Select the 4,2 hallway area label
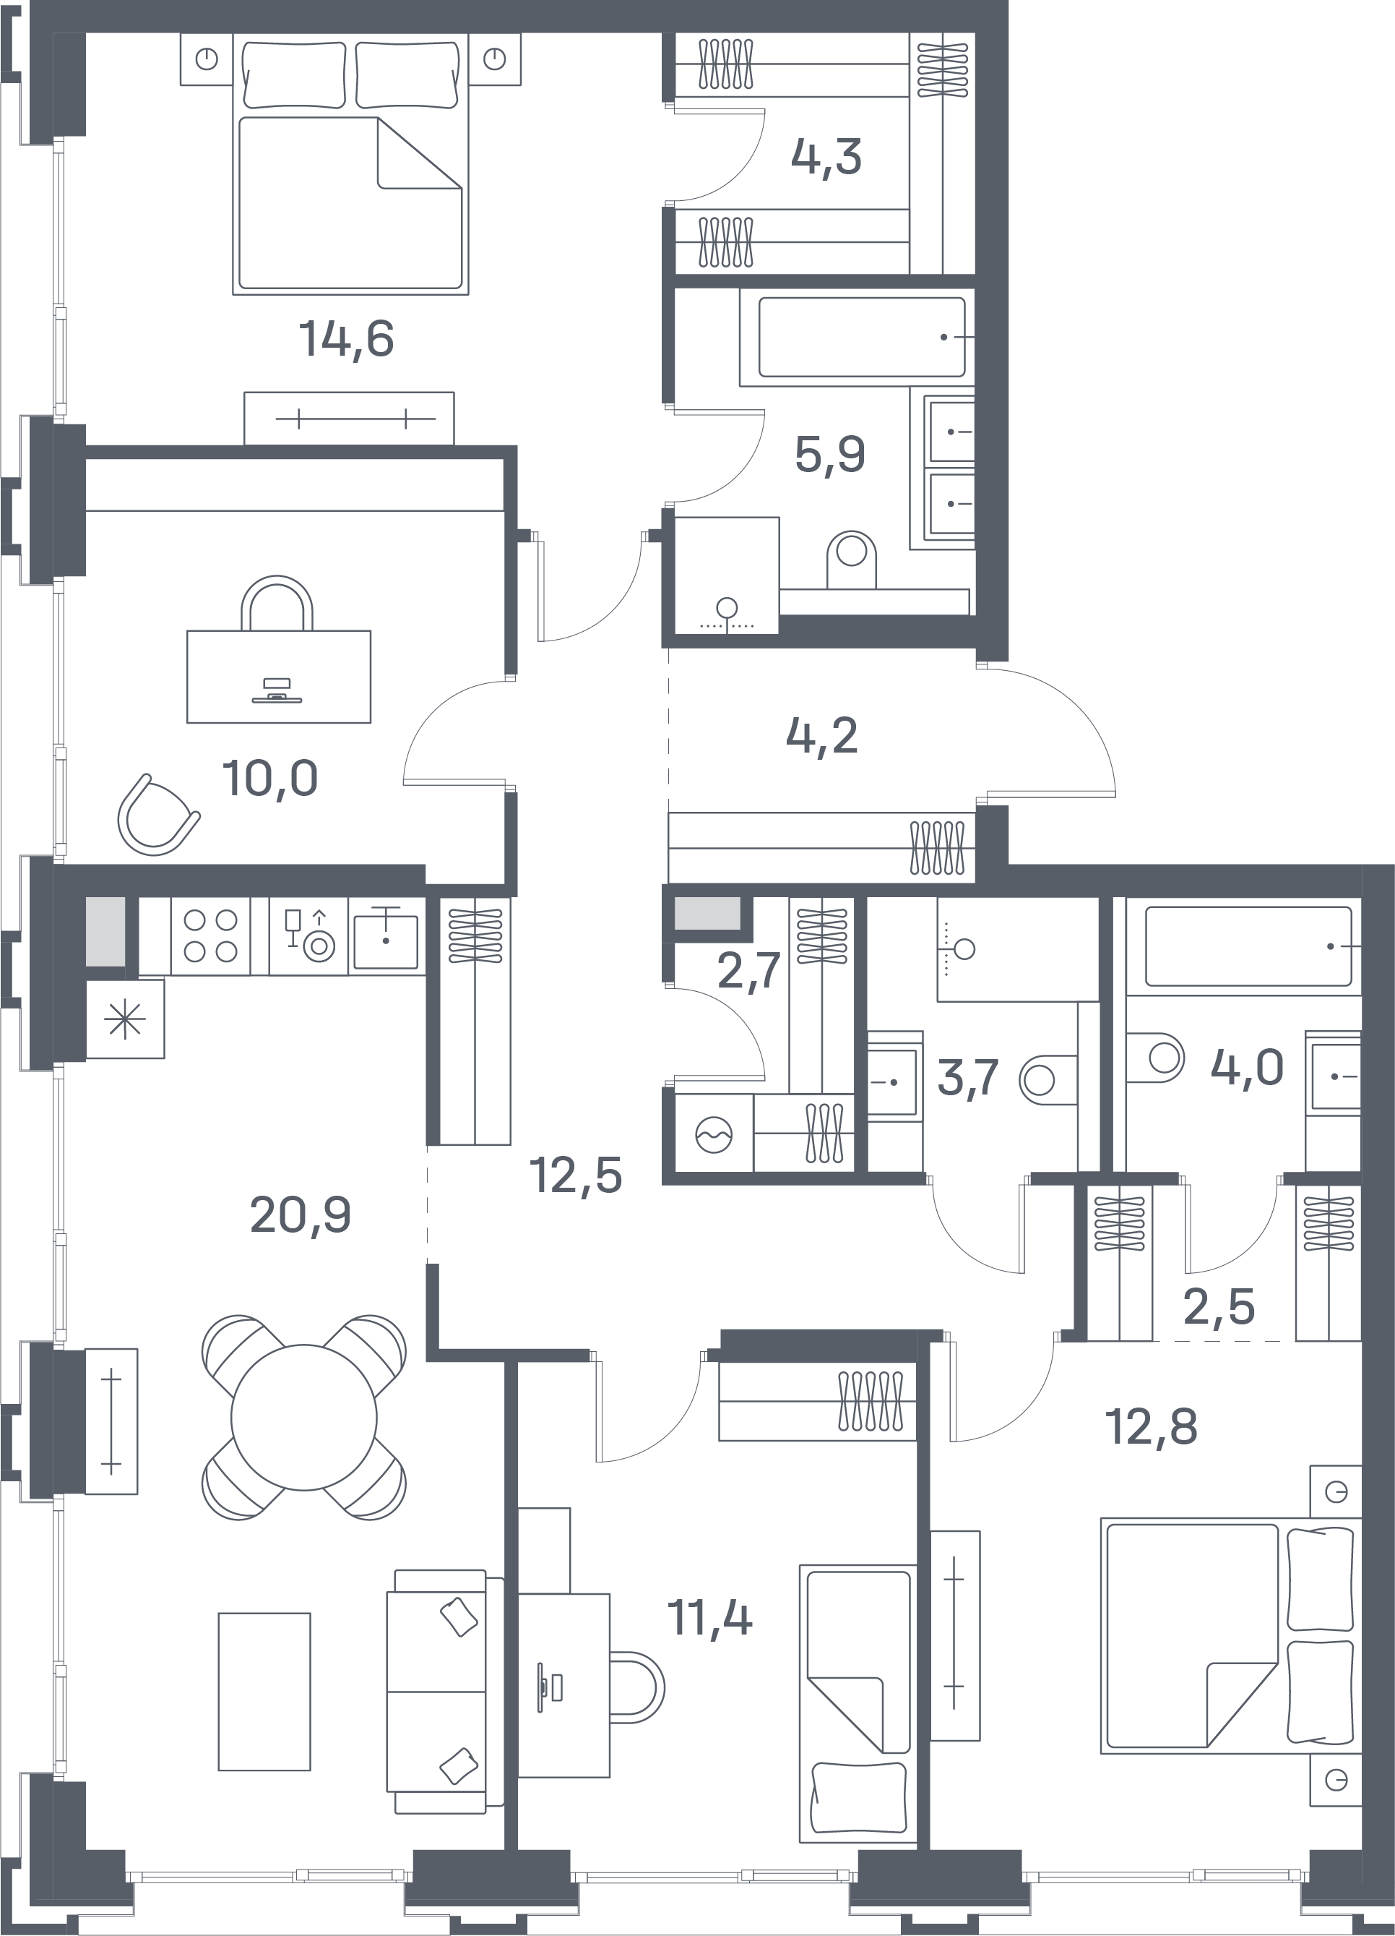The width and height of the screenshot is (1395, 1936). [x=821, y=735]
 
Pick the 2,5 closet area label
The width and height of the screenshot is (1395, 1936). [x=1219, y=1306]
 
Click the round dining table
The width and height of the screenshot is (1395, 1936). [x=303, y=1418]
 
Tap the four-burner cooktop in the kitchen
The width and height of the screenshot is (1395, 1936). [x=211, y=935]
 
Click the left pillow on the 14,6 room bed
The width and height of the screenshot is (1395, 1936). [x=293, y=75]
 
